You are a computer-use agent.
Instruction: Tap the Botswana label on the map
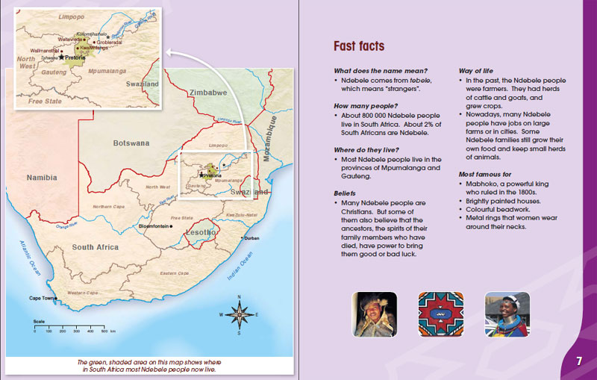tap(131, 142)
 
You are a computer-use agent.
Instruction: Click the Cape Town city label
tap(43, 298)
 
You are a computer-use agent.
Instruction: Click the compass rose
tap(239, 315)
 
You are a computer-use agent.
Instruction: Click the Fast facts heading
tap(359, 46)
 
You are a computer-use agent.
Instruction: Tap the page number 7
tap(578, 361)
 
